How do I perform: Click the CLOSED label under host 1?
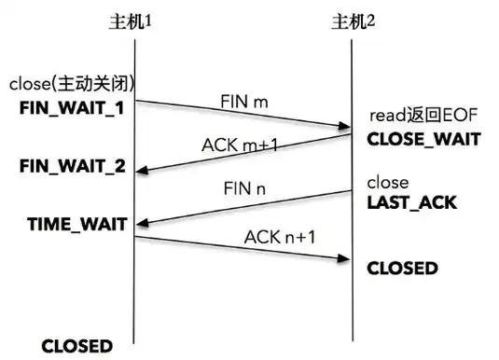coord(77,345)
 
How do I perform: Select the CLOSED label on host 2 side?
coord(402,268)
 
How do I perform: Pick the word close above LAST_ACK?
coord(387,183)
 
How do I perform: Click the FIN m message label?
coord(244,98)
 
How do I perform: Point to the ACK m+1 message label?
coord(239,145)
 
